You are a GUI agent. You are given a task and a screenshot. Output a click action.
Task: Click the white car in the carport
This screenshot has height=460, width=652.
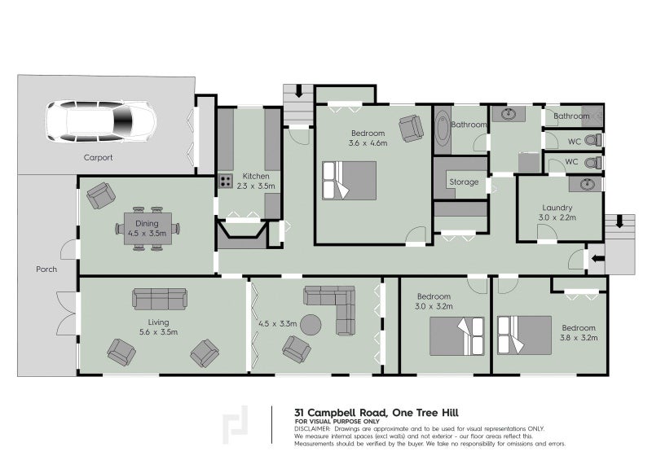tap(101, 122)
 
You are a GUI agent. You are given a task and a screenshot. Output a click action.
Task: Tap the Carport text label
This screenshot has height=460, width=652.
tap(98, 158)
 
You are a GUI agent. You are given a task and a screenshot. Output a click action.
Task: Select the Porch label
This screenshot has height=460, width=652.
tap(46, 269)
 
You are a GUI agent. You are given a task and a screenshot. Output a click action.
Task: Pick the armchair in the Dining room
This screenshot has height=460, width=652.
tap(101, 195)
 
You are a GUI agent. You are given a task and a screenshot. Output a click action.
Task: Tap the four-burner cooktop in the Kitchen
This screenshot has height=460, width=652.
tap(224, 182)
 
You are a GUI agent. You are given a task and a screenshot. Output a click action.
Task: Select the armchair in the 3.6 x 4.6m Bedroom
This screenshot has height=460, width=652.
tap(411, 128)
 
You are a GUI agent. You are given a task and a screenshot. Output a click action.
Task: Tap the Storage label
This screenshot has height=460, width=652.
tap(464, 182)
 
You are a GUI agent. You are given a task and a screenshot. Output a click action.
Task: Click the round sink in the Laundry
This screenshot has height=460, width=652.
tap(585, 185)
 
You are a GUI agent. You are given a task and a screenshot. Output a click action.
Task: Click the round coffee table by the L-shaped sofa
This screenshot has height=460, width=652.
tap(311, 325)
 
